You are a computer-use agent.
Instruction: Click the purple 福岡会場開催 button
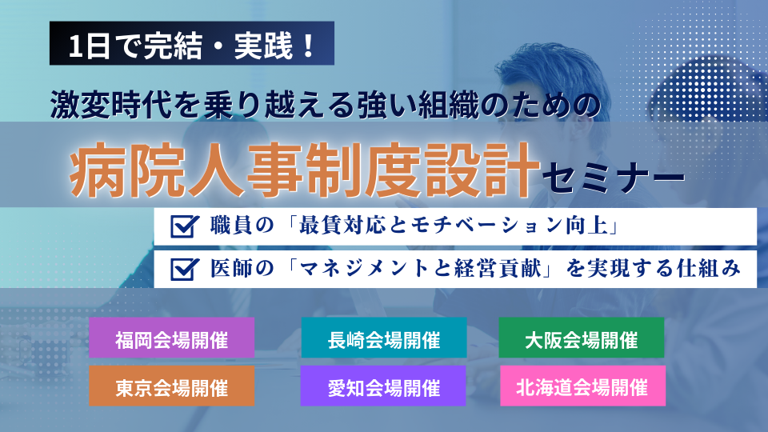(x=171, y=338)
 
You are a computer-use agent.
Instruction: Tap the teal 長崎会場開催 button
(x=384, y=338)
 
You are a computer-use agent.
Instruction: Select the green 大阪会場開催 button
(x=582, y=338)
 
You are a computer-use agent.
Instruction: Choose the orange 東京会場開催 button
(x=171, y=386)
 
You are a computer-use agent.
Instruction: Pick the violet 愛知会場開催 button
(x=383, y=386)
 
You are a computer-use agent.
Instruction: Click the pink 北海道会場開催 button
(x=583, y=386)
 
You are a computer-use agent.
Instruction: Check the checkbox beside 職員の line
(x=184, y=226)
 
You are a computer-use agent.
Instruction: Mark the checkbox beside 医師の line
(x=184, y=269)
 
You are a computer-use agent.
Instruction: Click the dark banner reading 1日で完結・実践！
(x=192, y=43)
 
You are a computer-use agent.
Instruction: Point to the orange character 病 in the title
(x=98, y=170)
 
